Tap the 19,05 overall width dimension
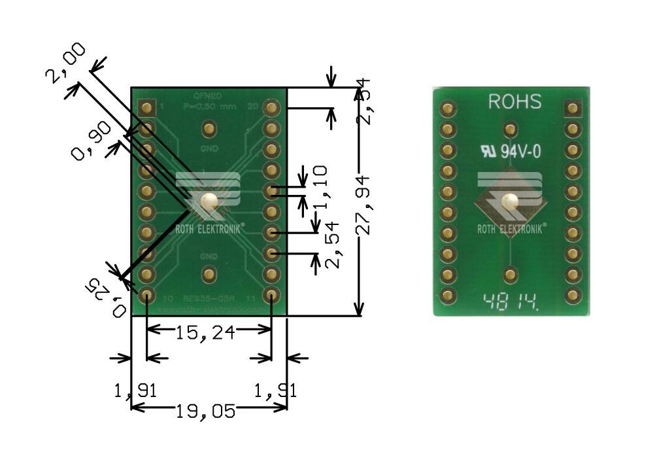coord(205,412)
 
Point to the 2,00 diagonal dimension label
coord(65,63)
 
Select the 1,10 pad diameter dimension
coord(320,186)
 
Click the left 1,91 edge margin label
coord(135,391)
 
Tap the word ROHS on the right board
coord(515,102)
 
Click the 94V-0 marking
coord(520,152)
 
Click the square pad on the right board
coord(573,108)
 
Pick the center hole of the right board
coord(511,202)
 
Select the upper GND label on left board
coord(209,148)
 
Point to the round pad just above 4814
coord(511,273)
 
